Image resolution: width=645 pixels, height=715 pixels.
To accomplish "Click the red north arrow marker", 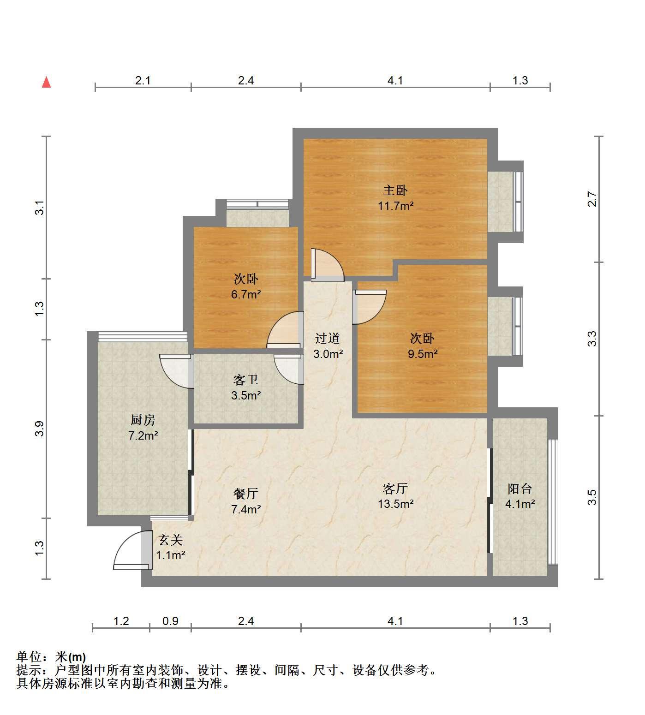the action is click(x=46, y=82).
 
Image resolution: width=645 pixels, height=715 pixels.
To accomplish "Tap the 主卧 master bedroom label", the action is click(x=395, y=190).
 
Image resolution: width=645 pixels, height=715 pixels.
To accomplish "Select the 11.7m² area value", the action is click(x=395, y=206).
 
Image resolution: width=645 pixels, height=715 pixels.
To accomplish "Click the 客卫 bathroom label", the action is click(x=246, y=380).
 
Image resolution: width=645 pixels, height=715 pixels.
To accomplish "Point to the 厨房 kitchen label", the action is click(x=143, y=420).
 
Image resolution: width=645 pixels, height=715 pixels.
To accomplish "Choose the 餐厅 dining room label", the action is click(x=246, y=494).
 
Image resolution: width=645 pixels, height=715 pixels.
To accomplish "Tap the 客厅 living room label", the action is click(x=395, y=488).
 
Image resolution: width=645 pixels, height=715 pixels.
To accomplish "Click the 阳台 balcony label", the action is click(x=520, y=489).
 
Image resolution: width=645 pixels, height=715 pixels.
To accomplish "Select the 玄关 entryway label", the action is click(x=170, y=540).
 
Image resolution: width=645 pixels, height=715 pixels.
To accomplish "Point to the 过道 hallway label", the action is click(x=328, y=339).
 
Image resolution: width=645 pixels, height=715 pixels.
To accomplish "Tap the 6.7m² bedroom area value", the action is click(x=246, y=294).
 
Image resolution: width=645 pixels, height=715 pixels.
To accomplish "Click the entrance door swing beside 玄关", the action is click(x=133, y=550).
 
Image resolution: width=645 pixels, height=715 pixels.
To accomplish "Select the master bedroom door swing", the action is click(x=327, y=265).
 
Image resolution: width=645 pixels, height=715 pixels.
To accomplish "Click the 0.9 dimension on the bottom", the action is click(x=170, y=621).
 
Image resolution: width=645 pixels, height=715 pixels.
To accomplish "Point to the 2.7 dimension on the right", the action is click(x=592, y=199).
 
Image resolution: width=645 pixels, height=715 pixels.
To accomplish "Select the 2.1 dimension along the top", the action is click(x=143, y=81).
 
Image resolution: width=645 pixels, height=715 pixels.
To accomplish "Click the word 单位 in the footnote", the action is click(x=29, y=656).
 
